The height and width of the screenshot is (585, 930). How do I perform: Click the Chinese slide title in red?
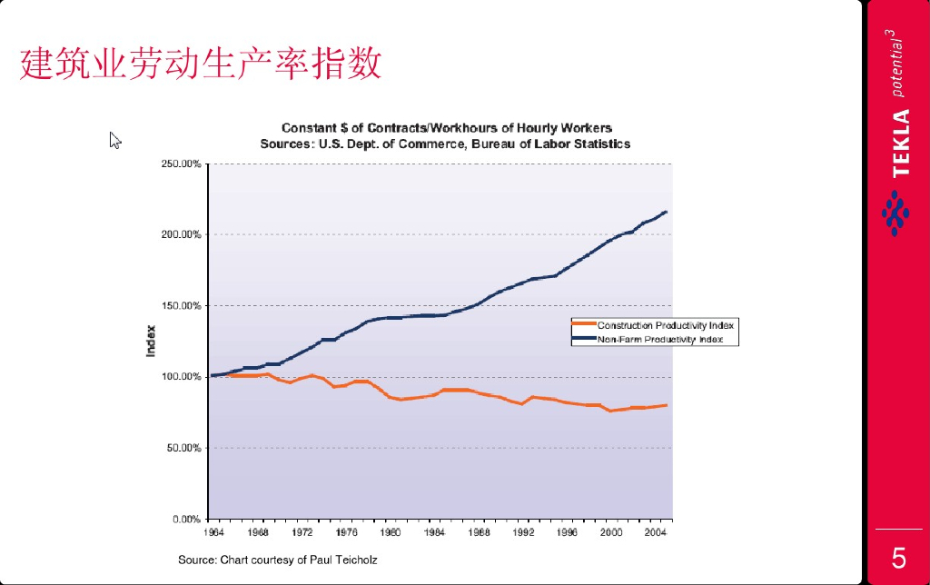(x=200, y=64)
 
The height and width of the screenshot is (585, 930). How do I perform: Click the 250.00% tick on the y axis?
(x=181, y=164)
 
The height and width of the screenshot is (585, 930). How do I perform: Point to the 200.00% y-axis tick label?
(x=181, y=234)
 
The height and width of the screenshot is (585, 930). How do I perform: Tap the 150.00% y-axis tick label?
(x=181, y=306)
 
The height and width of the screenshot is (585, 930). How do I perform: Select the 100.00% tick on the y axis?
(x=181, y=376)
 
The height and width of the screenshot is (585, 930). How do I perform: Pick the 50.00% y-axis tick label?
(x=183, y=448)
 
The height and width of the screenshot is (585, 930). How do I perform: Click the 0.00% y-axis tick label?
(x=184, y=519)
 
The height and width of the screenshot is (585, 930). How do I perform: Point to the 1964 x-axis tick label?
(x=213, y=532)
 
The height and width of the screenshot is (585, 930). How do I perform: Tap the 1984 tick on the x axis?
(x=435, y=532)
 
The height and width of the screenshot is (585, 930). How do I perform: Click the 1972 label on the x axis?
(x=302, y=532)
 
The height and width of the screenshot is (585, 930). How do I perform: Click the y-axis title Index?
(x=151, y=341)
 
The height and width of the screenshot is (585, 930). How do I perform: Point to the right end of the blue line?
(x=667, y=212)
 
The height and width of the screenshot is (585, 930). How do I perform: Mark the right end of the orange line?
(x=667, y=405)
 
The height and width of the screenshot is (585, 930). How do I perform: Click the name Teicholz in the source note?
(x=356, y=560)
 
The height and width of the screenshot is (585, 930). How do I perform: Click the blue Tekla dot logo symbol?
(x=895, y=213)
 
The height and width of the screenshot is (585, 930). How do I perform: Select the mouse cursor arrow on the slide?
(x=114, y=139)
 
